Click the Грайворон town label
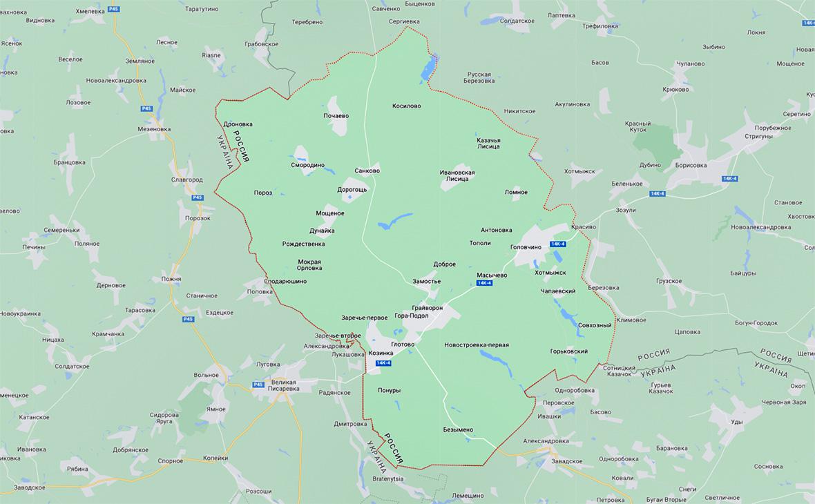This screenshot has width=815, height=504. pos(427,307)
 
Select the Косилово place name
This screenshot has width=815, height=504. pos(406,106)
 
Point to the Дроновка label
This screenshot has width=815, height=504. pos(238,124)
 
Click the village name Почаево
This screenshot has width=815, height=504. pos(336,115)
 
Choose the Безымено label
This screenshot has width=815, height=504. pos(458,430)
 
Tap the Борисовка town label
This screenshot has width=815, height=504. pos(691,166)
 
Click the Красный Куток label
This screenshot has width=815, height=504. pos(638,126)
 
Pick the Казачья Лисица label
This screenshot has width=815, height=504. pos(488,143)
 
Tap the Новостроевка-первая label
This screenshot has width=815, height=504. pos(477,345)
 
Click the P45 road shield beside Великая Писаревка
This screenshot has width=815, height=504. pos(258,384)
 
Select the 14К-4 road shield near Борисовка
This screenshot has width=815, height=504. pos(730,179)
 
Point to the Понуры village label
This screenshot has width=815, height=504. pos(389,391)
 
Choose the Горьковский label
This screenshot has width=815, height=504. pos(569,351)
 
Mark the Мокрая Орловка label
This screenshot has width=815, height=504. pos(309,264)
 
